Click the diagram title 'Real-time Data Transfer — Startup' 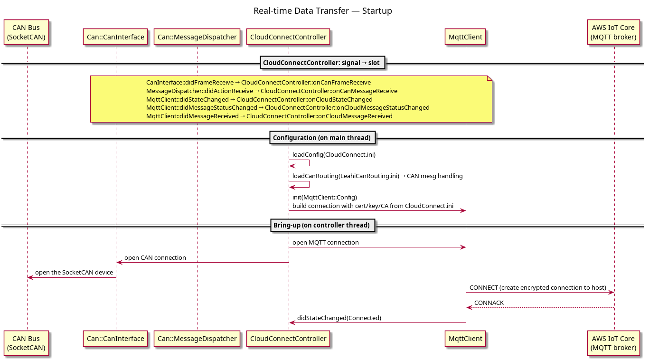coord(322,11)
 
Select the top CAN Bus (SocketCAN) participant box coord(26,32)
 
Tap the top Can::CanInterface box coord(115,37)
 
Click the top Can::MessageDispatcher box coord(197,37)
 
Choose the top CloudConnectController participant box coord(288,37)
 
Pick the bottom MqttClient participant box coord(465,339)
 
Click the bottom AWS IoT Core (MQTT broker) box coord(613,343)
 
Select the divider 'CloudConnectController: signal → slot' coord(322,63)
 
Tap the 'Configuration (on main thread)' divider coord(322,138)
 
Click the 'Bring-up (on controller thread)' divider coord(322,225)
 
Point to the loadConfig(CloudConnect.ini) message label coord(334,155)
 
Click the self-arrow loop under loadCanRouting coord(309,184)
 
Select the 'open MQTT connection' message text coord(325,243)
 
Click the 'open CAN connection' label coord(155,258)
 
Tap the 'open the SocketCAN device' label coord(74,273)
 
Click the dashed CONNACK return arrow coord(540,308)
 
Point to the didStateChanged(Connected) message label coord(339,318)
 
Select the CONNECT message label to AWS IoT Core coord(538,287)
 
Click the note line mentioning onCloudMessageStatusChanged coord(288,108)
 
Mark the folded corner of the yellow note coord(489,78)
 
